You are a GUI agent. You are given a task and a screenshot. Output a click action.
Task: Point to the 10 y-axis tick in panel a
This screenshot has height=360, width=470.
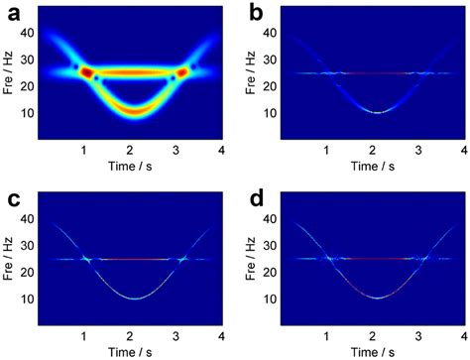pos(29,112)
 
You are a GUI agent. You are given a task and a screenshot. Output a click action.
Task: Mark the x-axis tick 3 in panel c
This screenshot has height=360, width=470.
pos(179,334)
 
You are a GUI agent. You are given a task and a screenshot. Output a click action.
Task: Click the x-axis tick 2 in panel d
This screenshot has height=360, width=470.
pos(371,334)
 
